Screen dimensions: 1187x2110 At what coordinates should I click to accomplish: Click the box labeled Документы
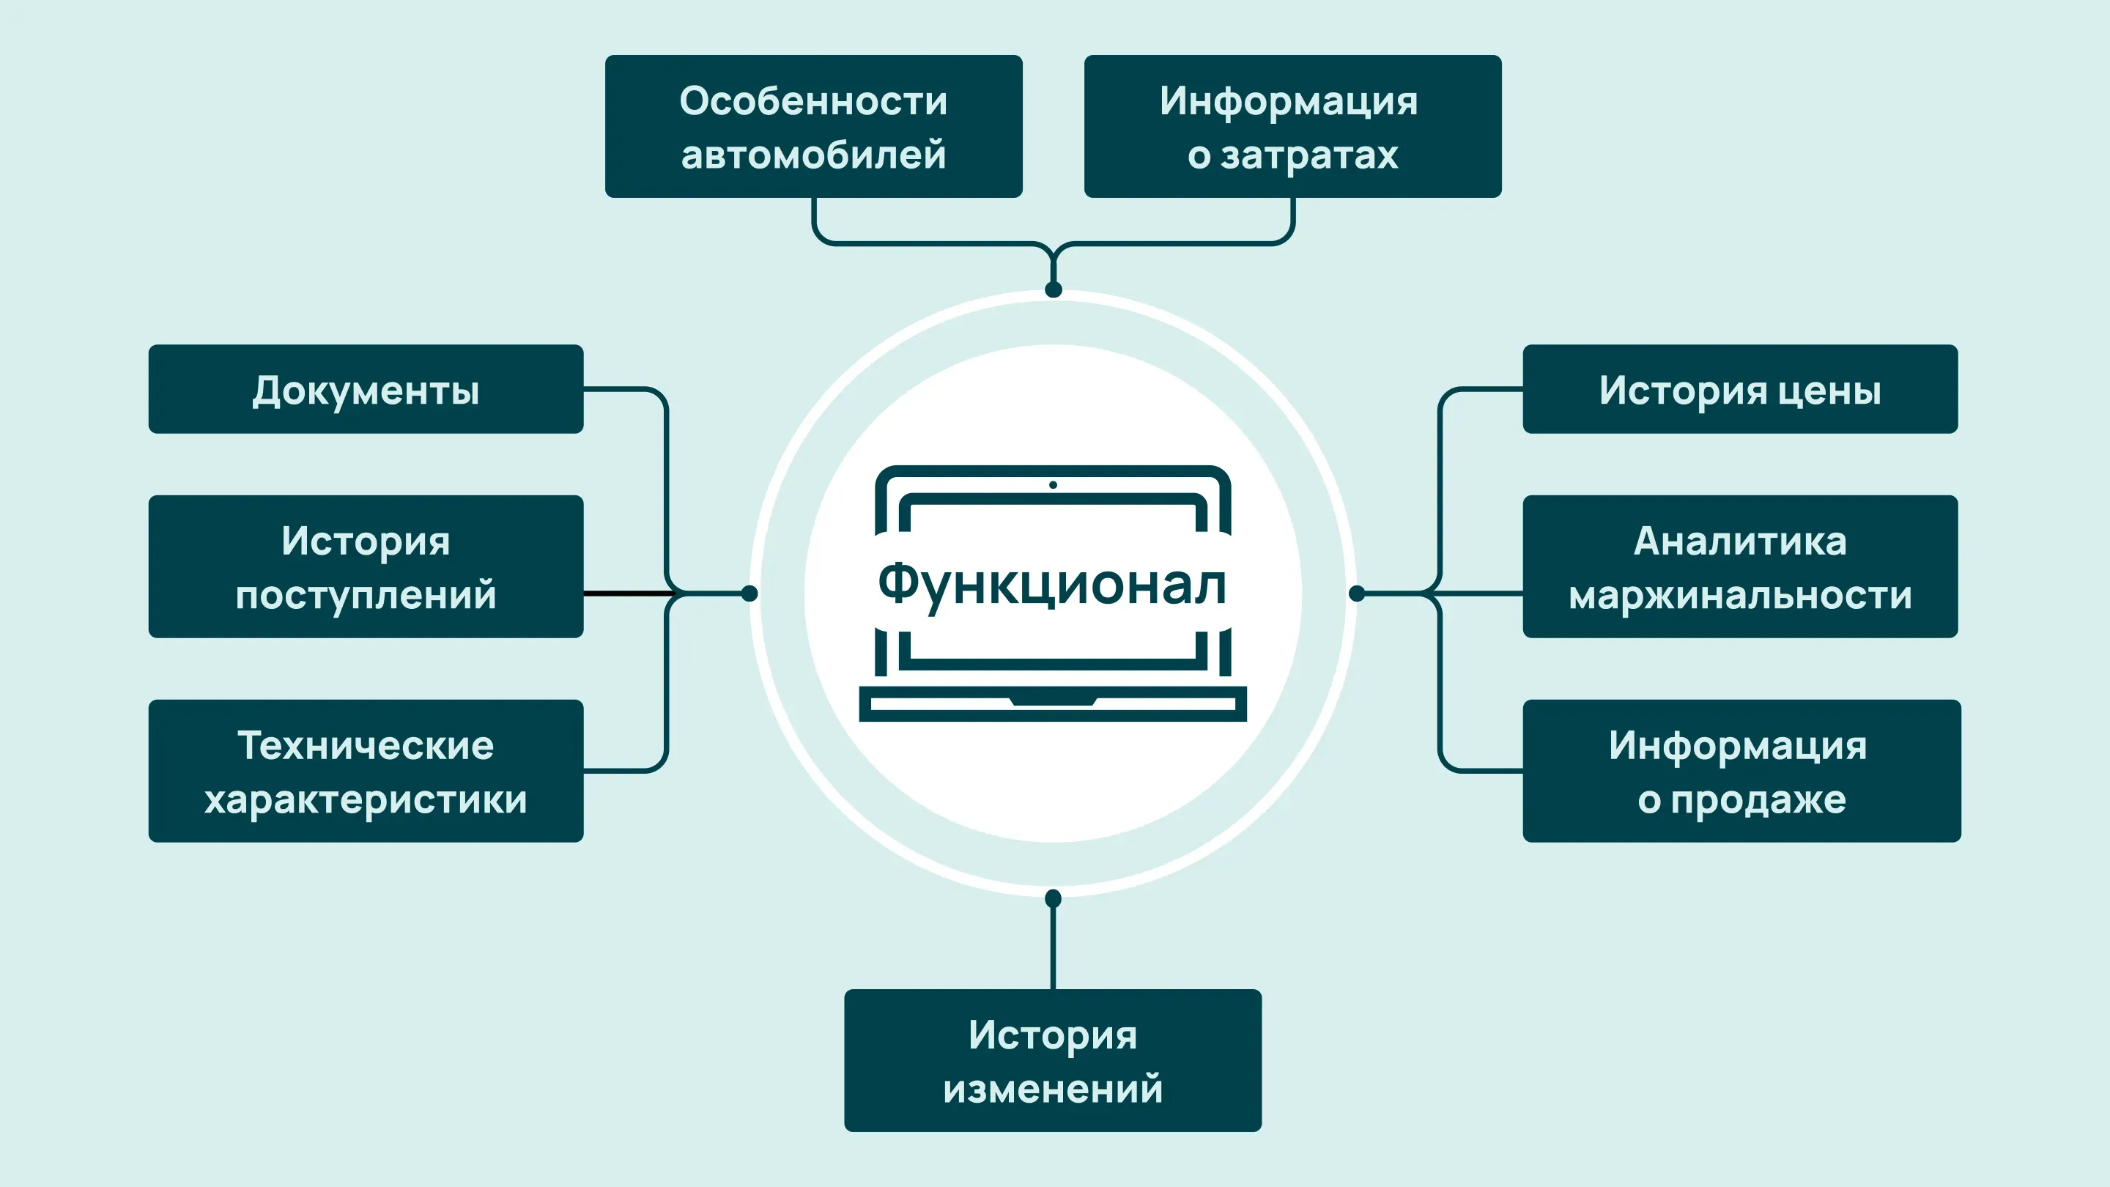tap(366, 389)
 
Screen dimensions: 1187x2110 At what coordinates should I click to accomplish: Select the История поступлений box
tap(366, 566)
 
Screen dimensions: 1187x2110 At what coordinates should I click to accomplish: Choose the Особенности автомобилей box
tap(813, 126)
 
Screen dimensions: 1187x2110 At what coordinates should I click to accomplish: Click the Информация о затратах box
tap(1292, 126)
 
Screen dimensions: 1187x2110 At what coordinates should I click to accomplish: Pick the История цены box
tap(1740, 389)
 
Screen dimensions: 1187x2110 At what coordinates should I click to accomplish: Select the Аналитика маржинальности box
tap(1740, 566)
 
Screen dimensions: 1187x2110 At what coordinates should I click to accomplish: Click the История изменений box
tap(1053, 1060)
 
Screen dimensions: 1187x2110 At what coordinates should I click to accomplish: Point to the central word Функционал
tap(1053, 585)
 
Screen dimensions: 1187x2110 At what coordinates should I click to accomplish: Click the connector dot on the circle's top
tap(1054, 289)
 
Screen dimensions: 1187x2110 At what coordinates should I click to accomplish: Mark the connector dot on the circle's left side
tap(749, 593)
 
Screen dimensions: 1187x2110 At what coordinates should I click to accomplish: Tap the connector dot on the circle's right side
tap(1356, 593)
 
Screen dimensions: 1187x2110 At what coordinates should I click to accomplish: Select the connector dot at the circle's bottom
tap(1054, 898)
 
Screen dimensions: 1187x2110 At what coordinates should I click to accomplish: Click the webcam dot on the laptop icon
tap(1053, 485)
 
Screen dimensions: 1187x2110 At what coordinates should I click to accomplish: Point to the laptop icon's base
tap(1053, 703)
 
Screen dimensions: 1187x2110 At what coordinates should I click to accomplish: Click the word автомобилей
tap(813, 155)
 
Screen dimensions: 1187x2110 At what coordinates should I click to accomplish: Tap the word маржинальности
tap(1740, 596)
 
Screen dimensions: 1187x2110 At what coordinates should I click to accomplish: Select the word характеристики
tap(366, 799)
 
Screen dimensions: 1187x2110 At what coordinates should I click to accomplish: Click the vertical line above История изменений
tap(1053, 946)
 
